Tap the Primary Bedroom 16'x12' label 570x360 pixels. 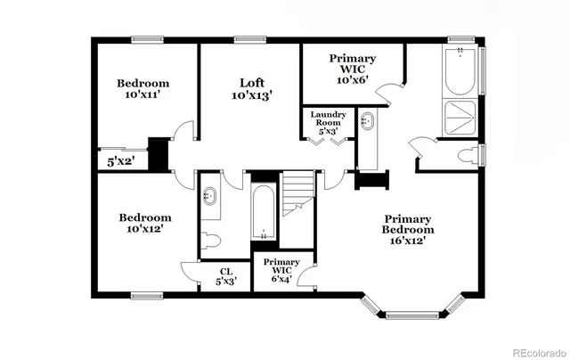[x=407, y=228]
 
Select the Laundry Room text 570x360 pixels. [x=328, y=122]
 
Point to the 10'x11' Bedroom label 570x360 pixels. [x=142, y=89]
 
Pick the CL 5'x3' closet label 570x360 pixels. [x=225, y=277]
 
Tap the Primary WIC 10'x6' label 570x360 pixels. [x=353, y=70]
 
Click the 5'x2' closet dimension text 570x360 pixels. [x=120, y=162]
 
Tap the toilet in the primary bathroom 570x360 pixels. [x=464, y=157]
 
